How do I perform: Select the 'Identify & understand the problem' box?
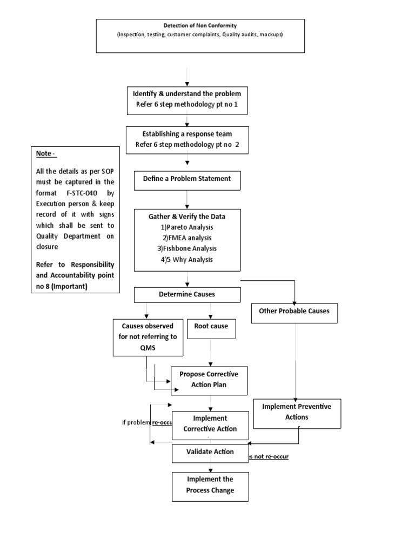click(x=188, y=100)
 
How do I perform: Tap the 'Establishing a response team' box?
click(x=188, y=139)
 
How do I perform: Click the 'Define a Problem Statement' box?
click(x=186, y=179)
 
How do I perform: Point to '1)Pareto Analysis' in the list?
click(x=187, y=227)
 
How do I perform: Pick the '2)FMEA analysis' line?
click(x=187, y=238)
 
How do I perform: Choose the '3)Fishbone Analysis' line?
click(x=187, y=248)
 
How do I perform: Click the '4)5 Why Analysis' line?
click(x=187, y=259)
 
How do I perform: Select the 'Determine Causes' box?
click(x=186, y=294)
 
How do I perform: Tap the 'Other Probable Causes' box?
click(x=298, y=311)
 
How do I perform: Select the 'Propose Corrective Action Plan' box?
click(x=209, y=380)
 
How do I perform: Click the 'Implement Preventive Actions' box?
click(x=297, y=412)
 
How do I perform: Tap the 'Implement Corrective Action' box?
click(x=210, y=424)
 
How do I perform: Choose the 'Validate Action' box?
click(x=210, y=452)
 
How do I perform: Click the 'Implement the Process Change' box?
click(x=210, y=485)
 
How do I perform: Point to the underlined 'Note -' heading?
click(x=45, y=154)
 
